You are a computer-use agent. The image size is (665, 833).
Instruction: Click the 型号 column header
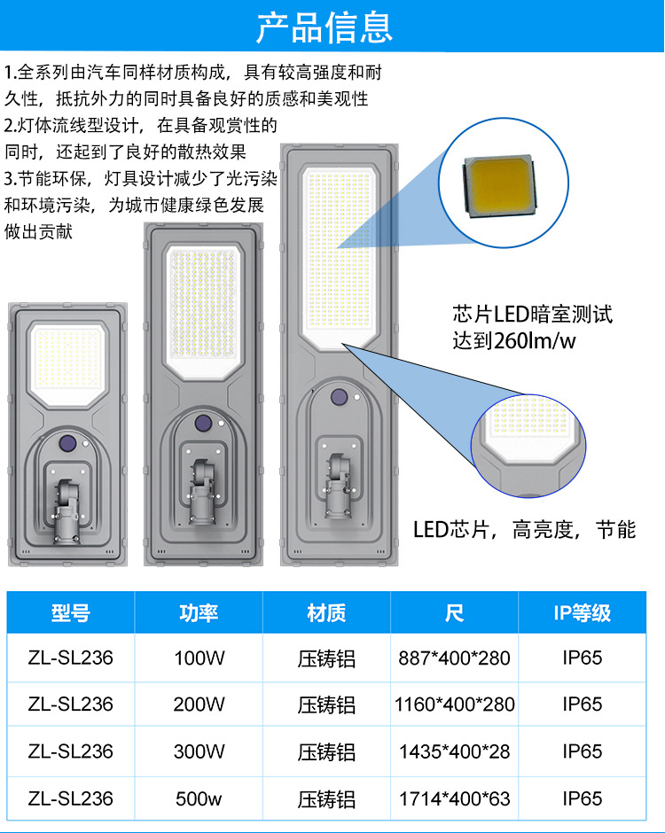(71, 613)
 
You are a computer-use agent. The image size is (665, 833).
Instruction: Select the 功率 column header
(199, 613)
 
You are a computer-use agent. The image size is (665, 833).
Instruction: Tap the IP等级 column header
(583, 613)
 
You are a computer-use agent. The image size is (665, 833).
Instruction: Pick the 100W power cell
(199, 658)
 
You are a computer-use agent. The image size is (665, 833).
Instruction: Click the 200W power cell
(199, 705)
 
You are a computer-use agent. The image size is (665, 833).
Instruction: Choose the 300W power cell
(199, 751)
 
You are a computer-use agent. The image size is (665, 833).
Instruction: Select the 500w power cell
(199, 798)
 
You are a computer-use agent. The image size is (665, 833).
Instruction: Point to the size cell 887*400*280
(454, 658)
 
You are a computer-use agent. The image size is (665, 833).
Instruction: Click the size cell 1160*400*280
(454, 705)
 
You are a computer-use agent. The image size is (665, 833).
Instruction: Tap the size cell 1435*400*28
(454, 751)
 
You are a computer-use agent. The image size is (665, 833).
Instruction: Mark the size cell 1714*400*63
(454, 798)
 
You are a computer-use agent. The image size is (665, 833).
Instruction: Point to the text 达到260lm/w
(512, 341)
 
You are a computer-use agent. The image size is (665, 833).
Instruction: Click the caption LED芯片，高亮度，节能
(525, 530)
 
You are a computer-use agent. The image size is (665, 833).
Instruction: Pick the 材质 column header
(326, 613)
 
